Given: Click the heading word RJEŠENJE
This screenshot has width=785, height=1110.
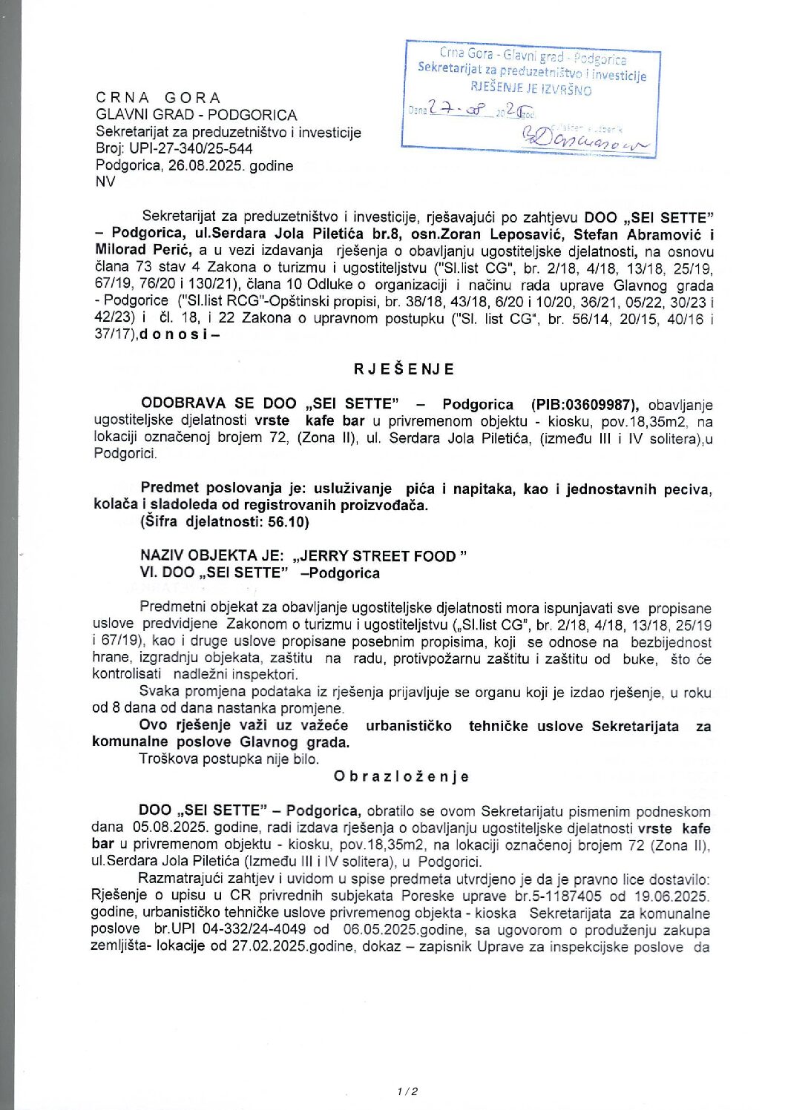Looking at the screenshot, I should point(404,369).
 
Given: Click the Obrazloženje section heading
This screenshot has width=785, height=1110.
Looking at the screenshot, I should point(401,776).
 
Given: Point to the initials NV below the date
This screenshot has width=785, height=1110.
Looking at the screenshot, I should point(105,182).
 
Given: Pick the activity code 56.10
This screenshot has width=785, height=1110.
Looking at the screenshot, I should point(288,521).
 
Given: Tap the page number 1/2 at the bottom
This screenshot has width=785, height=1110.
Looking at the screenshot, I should point(407,1091).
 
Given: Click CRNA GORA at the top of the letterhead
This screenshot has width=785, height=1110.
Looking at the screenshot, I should point(158,98).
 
